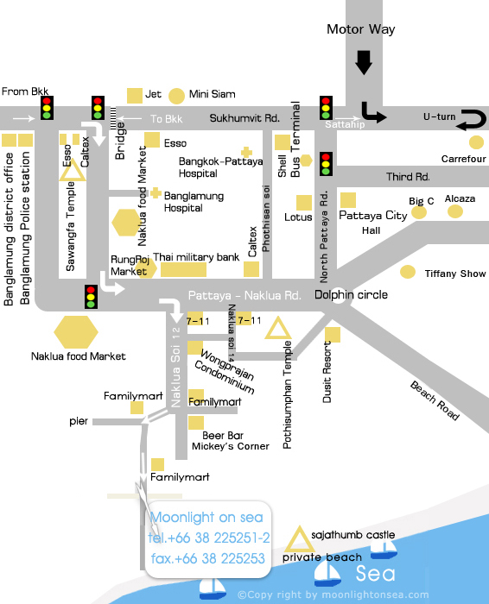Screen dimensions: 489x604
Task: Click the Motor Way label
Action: tap(360, 29)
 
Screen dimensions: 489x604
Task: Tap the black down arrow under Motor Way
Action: tap(363, 62)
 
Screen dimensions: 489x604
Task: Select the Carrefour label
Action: tap(464, 159)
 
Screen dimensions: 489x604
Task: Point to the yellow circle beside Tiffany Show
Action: tap(408, 272)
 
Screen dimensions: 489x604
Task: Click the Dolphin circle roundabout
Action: tap(338, 298)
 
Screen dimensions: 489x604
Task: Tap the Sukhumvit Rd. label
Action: tap(244, 118)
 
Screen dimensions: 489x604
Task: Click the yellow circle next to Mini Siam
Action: tap(176, 96)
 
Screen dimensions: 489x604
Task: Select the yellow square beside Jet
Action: tap(135, 96)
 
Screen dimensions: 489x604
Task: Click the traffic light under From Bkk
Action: tap(47, 108)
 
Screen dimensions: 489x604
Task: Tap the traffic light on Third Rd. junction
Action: tap(326, 164)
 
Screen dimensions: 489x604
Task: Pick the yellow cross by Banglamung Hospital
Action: tap(156, 192)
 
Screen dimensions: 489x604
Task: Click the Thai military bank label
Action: tap(196, 257)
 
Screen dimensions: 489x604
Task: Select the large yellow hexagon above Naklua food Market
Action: tap(76, 332)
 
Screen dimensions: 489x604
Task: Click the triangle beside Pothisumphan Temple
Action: tap(278, 328)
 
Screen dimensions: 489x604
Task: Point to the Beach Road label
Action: tap(435, 400)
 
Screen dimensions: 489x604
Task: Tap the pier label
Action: tap(79, 421)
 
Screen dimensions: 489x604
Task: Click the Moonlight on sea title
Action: tap(206, 517)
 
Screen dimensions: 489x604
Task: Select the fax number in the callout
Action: tap(208, 558)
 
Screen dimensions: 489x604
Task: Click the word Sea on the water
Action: tap(375, 574)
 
